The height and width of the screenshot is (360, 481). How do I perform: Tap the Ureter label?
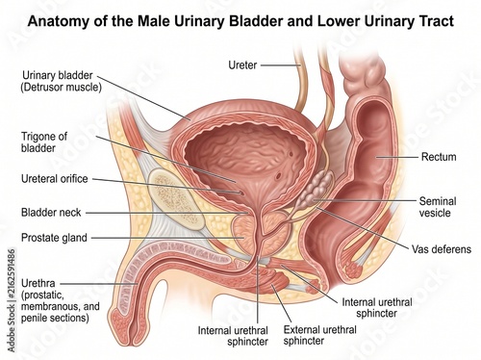pyautogui.click(x=242, y=65)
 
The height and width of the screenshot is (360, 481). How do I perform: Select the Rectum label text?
pyautogui.click(x=439, y=157)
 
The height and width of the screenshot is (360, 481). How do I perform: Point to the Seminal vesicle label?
pyautogui.click(x=438, y=207)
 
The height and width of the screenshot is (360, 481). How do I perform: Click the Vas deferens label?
pyautogui.click(x=442, y=249)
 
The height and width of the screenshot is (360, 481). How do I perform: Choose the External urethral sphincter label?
pyautogui.click(x=319, y=335)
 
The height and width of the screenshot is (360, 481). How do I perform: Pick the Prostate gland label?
pyautogui.click(x=54, y=238)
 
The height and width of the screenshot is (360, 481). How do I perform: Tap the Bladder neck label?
pyautogui.click(x=51, y=213)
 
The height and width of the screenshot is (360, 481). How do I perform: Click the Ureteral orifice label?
pyautogui.click(x=55, y=179)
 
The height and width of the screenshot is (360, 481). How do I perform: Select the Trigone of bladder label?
pyautogui.click(x=44, y=142)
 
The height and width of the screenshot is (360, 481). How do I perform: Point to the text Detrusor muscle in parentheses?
pyautogui.click(x=61, y=87)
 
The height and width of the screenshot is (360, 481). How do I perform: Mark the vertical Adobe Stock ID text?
pyautogui.click(x=12, y=300)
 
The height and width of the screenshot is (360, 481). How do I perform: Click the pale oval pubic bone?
pyautogui.click(x=177, y=199)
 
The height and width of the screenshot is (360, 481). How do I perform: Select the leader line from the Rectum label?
pyautogui.click(x=397, y=157)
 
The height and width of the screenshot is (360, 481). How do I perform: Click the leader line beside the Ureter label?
pyautogui.click(x=280, y=65)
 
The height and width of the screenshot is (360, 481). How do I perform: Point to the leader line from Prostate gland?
pyautogui.click(x=167, y=238)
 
